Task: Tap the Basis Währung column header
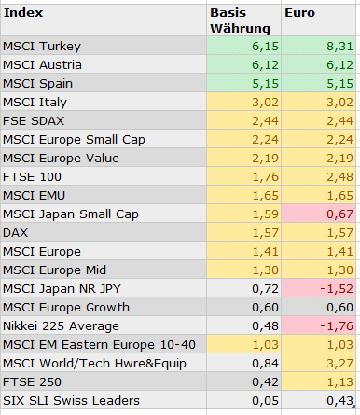[x=238, y=21]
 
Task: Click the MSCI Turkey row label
[x=42, y=46]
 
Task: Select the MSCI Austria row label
[x=42, y=64]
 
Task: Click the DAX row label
[x=16, y=232]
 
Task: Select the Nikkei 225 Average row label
[x=62, y=325]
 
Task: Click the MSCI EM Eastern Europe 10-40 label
[x=88, y=344]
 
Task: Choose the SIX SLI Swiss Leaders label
[x=72, y=400]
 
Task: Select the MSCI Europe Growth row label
[x=66, y=307]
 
